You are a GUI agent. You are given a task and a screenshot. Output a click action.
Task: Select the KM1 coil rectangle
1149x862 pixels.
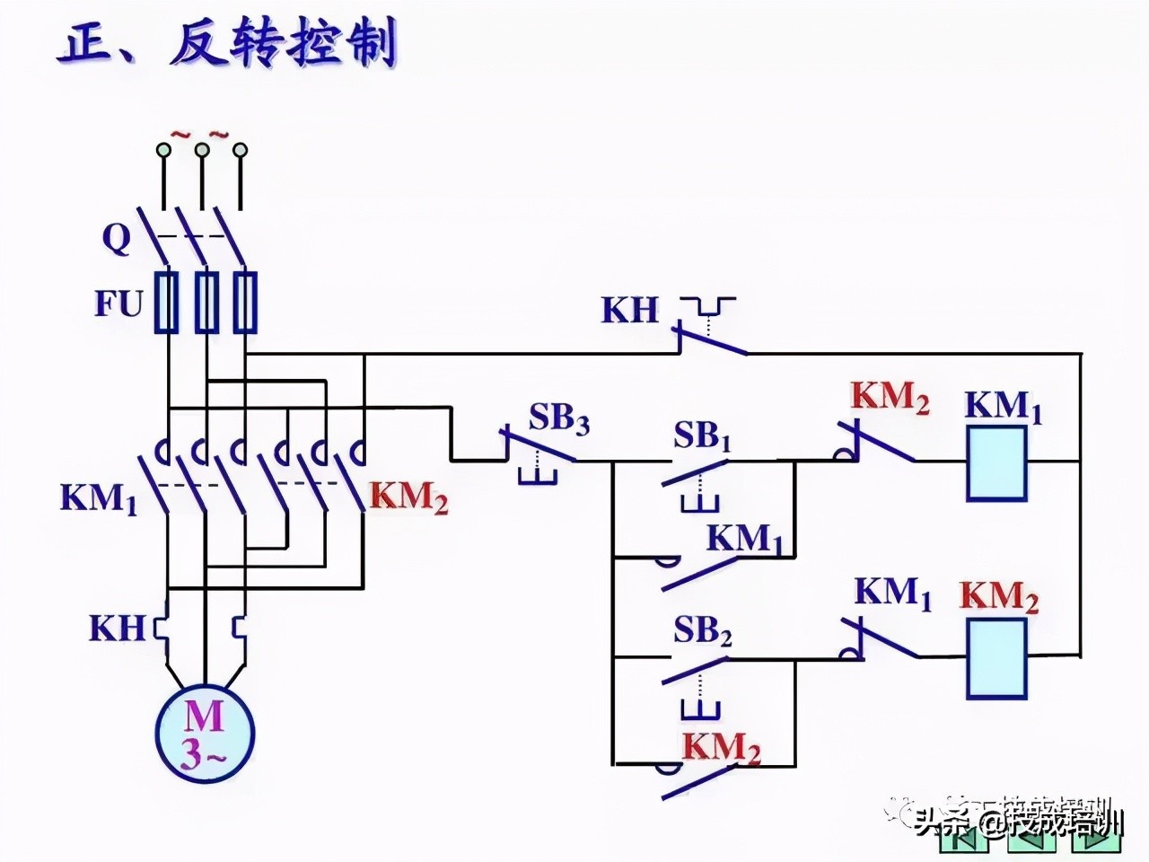pyautogui.click(x=996, y=462)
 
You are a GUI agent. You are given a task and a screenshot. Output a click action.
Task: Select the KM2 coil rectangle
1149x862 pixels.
pyautogui.click(x=996, y=658)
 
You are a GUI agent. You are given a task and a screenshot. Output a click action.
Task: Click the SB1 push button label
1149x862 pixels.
pyautogui.click(x=703, y=437)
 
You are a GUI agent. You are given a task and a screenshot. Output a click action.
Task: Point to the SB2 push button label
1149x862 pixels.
pyautogui.click(x=703, y=632)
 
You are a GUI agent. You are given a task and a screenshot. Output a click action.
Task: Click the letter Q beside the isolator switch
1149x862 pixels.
pyautogui.click(x=117, y=239)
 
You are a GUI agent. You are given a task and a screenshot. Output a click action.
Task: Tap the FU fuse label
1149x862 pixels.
pyautogui.click(x=118, y=304)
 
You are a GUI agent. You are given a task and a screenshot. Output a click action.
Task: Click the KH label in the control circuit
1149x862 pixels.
pyautogui.click(x=630, y=310)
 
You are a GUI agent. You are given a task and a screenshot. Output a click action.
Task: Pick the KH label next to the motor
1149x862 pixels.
pyautogui.click(x=116, y=628)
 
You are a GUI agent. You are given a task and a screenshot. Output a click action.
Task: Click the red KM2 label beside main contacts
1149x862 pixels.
pyautogui.click(x=408, y=497)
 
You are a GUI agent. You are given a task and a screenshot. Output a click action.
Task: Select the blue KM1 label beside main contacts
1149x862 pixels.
pyautogui.click(x=99, y=498)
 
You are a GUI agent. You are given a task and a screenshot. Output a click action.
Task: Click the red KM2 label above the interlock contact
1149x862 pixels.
pyautogui.click(x=890, y=398)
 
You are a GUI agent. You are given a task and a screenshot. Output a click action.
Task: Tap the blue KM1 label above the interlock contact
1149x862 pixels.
pyautogui.click(x=892, y=593)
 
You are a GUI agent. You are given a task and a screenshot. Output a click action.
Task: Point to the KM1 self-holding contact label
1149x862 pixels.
pyautogui.click(x=745, y=539)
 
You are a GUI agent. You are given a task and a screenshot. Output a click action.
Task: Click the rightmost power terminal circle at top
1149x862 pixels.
pyautogui.click(x=240, y=150)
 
